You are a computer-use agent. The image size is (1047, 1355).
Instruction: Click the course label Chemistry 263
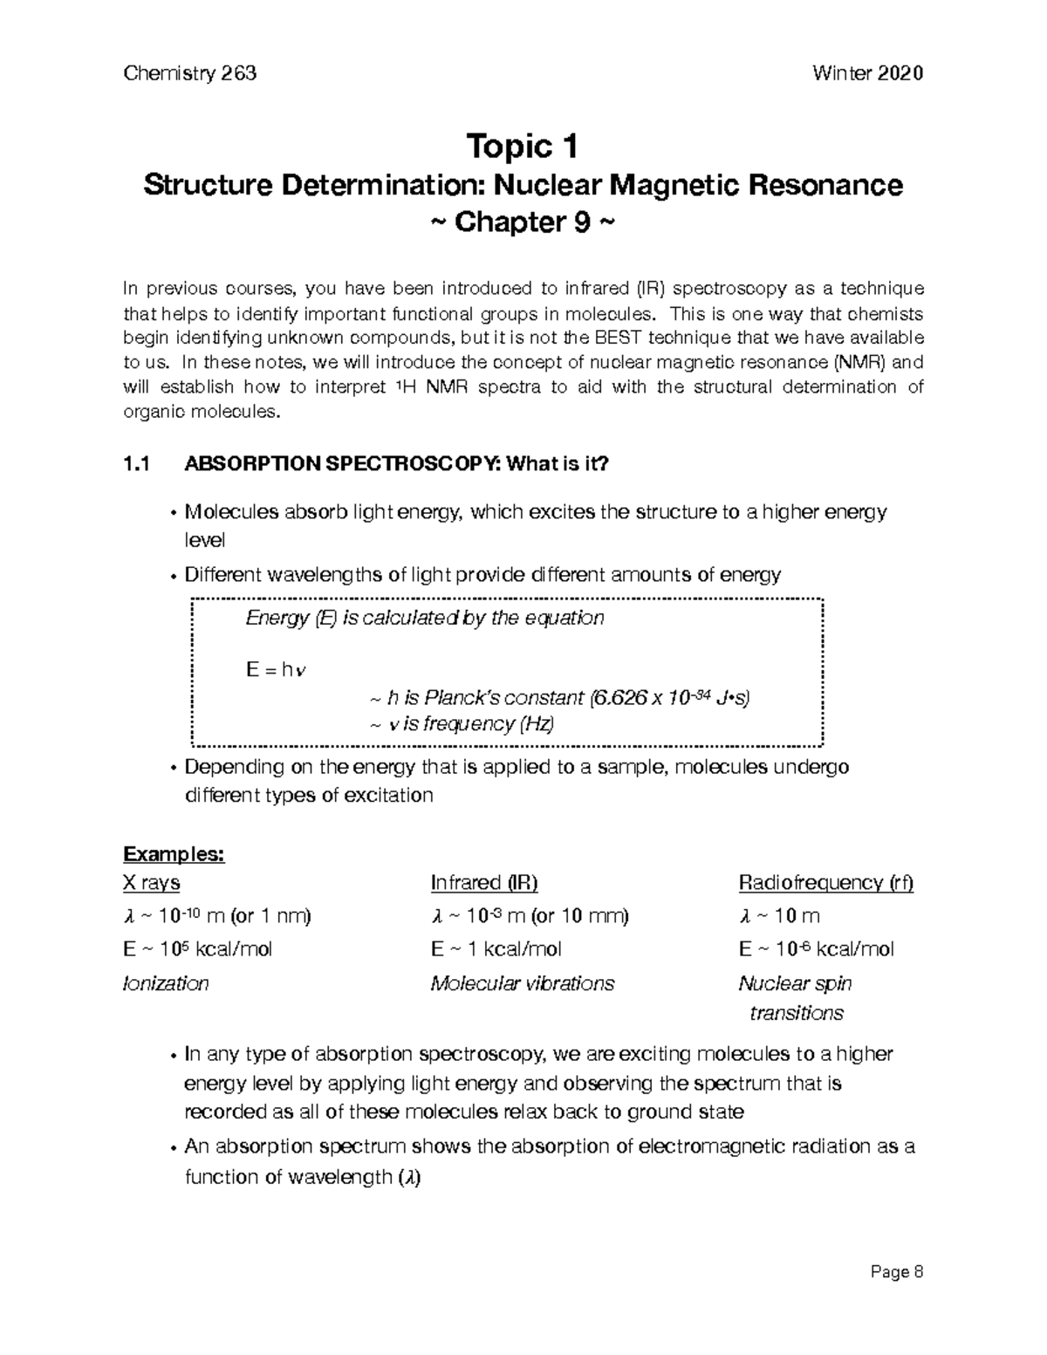(190, 73)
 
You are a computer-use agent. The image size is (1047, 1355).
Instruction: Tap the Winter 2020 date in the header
(867, 73)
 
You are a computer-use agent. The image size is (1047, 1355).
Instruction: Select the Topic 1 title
(523, 147)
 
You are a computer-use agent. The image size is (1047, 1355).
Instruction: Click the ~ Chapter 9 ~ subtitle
(523, 222)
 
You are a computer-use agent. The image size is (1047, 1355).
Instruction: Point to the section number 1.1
(137, 465)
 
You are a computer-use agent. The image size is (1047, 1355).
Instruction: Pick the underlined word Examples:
(174, 853)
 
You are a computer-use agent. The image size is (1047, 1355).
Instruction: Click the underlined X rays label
(152, 883)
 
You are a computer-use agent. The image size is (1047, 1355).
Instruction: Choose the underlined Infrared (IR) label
(484, 883)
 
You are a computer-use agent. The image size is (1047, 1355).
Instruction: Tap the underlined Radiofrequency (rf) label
(825, 883)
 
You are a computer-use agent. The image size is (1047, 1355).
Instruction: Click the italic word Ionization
(166, 983)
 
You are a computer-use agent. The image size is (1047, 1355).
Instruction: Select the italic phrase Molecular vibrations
(523, 983)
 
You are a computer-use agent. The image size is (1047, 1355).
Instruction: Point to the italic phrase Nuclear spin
(795, 983)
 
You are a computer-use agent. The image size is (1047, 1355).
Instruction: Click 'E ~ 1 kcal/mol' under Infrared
(496, 949)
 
